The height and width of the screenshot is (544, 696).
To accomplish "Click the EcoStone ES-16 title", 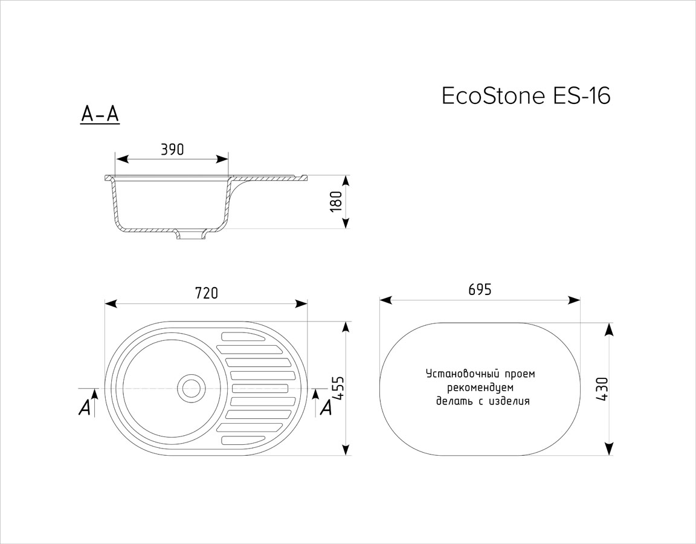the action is point(526,96).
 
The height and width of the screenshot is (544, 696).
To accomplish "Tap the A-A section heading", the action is point(100,115).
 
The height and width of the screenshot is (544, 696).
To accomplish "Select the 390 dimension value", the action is point(172,150).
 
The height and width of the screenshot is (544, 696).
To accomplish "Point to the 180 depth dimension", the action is point(337,202).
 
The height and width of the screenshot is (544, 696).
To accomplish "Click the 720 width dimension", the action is point(206,293).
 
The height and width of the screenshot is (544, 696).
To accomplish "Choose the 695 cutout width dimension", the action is point(480,290).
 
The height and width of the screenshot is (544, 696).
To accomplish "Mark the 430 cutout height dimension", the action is point(602,389).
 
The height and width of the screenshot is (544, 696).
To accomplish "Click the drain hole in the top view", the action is point(192,387).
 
